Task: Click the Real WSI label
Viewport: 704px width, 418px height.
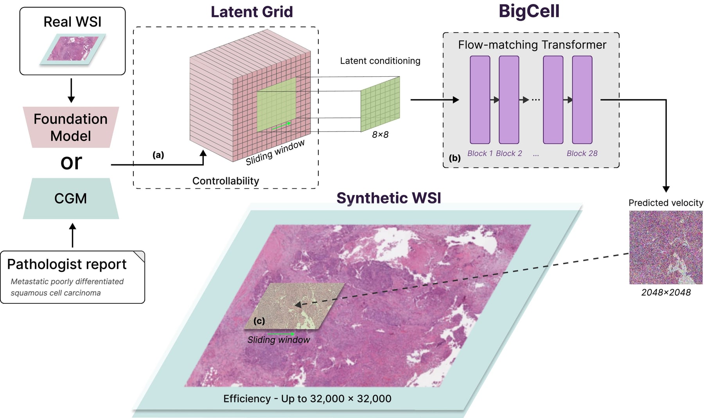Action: tap(72, 22)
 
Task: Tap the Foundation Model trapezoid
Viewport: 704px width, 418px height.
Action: tap(71, 127)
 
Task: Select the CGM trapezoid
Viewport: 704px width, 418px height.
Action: tap(71, 198)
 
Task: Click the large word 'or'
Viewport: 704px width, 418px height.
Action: tap(71, 162)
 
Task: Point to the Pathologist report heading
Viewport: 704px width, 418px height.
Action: tap(67, 265)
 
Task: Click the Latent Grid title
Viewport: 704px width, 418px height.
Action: tap(252, 12)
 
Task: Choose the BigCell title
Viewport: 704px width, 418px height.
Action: tap(529, 11)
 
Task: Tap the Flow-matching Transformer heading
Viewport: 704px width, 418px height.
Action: tap(532, 45)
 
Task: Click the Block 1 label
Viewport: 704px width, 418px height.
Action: tap(480, 153)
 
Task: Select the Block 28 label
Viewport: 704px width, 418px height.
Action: tap(582, 153)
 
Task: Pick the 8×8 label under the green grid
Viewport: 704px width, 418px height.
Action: tap(380, 135)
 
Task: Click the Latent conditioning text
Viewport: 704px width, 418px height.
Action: tap(380, 61)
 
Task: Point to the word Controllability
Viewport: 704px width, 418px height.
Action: tap(226, 181)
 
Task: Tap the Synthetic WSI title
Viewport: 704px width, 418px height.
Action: tap(389, 198)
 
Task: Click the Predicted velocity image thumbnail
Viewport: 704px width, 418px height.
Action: tap(666, 247)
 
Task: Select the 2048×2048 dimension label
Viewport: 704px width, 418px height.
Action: tap(666, 292)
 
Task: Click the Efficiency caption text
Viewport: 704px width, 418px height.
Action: tap(307, 399)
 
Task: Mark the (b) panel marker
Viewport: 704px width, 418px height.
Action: tap(454, 158)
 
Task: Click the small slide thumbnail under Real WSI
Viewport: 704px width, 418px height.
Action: tap(73, 49)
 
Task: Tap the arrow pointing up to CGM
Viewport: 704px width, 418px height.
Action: tap(72, 235)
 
